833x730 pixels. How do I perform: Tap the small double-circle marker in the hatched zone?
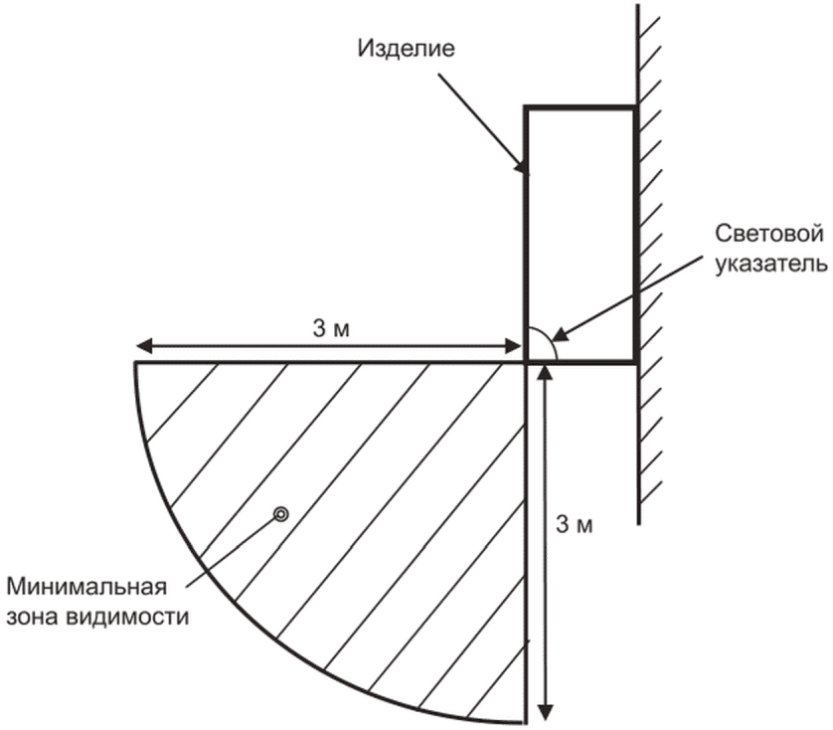pyautogui.click(x=281, y=514)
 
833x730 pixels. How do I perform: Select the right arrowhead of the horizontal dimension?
pyautogui.click(x=516, y=346)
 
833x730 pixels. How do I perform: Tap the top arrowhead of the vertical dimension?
pyautogui.click(x=544, y=371)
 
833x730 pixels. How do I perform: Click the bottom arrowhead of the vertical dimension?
pyautogui.click(x=544, y=712)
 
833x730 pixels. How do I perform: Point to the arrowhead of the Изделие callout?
pyautogui.click(x=523, y=169)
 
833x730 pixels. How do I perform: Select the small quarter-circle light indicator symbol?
pyautogui.click(x=541, y=344)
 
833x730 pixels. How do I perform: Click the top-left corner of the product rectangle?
pyautogui.click(x=526, y=106)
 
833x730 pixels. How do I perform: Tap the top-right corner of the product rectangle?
pyautogui.click(x=636, y=106)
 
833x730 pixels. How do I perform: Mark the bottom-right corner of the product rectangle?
pyautogui.click(x=636, y=361)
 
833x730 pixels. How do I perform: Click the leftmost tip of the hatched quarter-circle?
pyautogui.click(x=135, y=363)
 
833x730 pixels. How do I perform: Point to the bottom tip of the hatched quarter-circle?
pyautogui.click(x=524, y=721)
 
